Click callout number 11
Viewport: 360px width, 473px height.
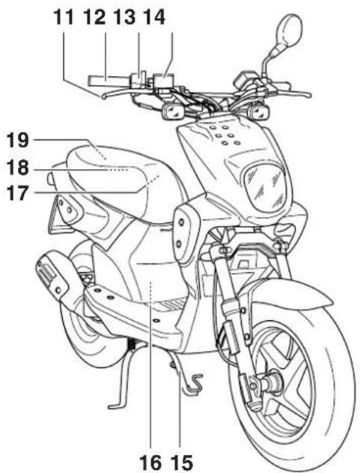click(x=64, y=17)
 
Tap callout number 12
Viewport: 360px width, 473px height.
click(x=95, y=17)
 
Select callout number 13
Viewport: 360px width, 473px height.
click(x=125, y=17)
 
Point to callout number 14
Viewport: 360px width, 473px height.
click(x=154, y=17)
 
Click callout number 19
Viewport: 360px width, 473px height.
click(x=19, y=140)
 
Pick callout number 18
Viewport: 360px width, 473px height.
click(x=19, y=168)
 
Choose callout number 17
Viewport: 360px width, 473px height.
click(x=19, y=193)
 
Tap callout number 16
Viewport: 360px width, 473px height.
click(x=150, y=463)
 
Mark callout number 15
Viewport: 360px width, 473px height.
click(x=182, y=463)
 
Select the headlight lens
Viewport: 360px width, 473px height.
click(x=264, y=187)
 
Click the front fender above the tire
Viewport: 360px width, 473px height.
click(x=290, y=294)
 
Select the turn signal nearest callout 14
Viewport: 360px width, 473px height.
click(x=173, y=111)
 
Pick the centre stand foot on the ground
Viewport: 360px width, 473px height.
click(x=117, y=405)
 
